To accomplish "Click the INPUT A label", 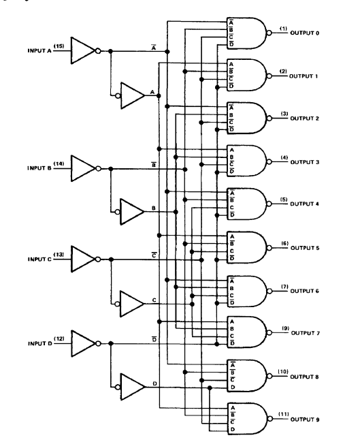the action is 39,51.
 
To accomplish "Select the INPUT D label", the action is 40,344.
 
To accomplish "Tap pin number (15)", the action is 59,46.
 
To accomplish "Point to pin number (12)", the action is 59,338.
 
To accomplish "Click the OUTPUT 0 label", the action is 304,33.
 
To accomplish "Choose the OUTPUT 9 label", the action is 305,420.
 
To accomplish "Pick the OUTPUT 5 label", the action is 305,248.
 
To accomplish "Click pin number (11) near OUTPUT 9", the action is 284,414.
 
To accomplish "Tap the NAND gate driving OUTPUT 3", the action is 247,161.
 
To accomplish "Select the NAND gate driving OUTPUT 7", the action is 247,332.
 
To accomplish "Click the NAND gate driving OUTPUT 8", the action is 247,376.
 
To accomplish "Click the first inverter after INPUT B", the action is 84,169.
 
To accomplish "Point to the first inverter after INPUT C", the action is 84,259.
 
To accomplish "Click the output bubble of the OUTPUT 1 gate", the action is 269,76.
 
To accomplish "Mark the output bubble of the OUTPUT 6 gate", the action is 269,291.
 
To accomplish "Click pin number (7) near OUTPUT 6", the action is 284,287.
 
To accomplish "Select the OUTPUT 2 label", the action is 304,119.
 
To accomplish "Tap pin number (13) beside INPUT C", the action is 59,255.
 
